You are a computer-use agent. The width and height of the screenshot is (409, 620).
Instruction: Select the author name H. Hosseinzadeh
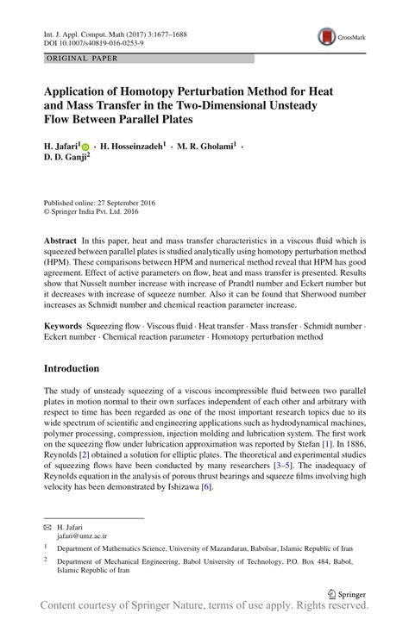pos(134,147)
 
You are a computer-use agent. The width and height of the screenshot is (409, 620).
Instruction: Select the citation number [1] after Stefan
pos(326,445)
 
